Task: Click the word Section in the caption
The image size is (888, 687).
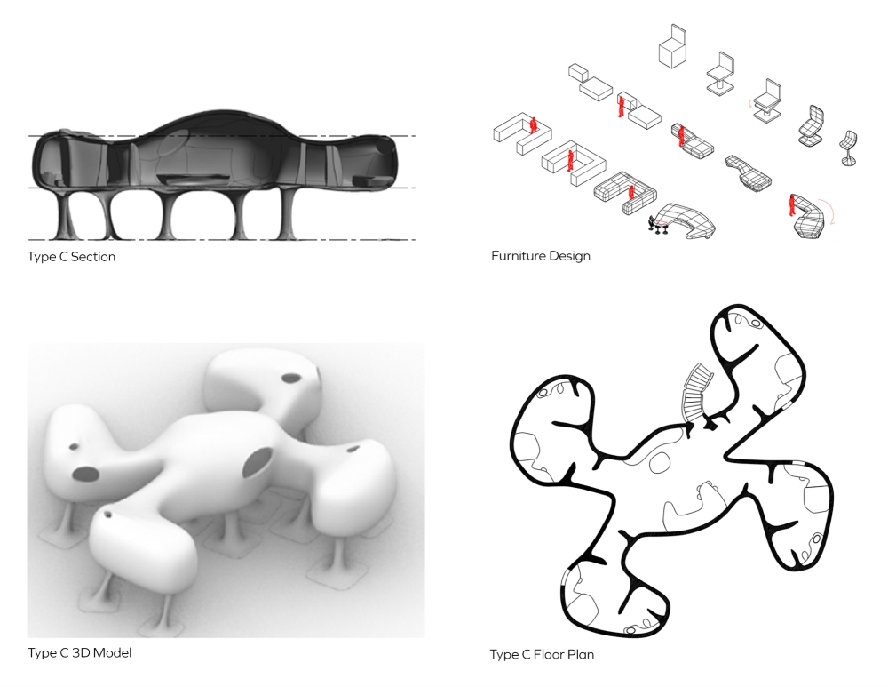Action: click(93, 257)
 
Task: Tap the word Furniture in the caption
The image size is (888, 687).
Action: click(515, 256)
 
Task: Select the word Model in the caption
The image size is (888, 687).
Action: click(112, 653)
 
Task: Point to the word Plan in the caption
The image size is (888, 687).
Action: click(581, 655)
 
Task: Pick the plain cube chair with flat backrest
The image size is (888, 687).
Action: click(673, 46)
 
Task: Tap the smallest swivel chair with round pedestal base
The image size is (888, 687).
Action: click(848, 148)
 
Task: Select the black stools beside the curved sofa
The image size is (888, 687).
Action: click(659, 227)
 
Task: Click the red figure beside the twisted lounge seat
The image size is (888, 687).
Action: click(791, 205)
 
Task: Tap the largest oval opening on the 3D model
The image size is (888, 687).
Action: click(258, 461)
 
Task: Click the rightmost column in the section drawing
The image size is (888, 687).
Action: click(289, 214)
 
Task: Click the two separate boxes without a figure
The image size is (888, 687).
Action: click(591, 82)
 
